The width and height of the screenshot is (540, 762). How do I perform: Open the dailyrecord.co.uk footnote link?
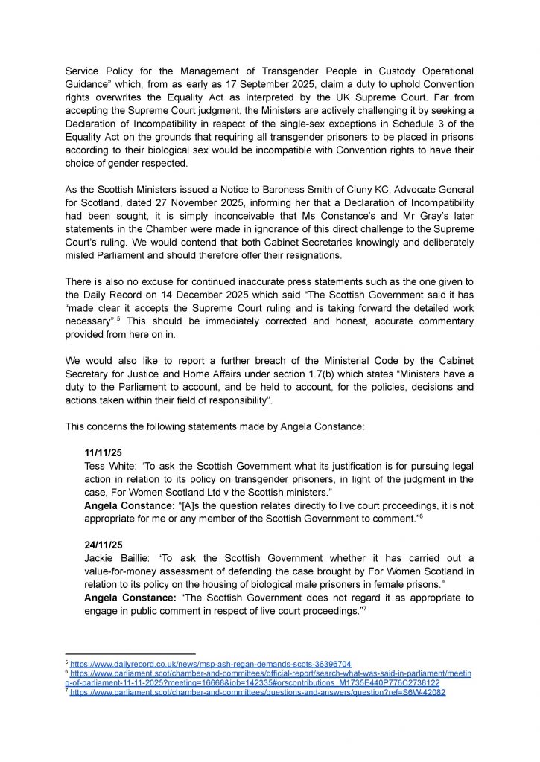click(x=210, y=663)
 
